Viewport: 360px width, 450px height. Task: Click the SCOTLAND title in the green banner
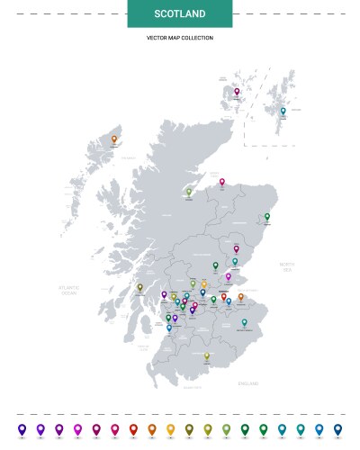[x=179, y=14]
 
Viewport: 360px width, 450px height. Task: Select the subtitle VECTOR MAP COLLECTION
[x=180, y=38]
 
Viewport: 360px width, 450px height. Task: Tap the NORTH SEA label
[x=286, y=267]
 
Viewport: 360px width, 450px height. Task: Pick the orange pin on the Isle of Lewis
[x=114, y=139]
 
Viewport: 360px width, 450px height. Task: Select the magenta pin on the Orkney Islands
[x=238, y=92]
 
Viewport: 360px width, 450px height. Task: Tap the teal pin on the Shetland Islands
[x=283, y=112]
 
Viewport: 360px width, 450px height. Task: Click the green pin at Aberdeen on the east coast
[x=267, y=216]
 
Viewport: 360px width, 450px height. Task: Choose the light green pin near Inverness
[x=189, y=191]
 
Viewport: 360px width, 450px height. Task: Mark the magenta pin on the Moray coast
[x=222, y=181]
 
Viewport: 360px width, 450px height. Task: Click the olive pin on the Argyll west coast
[x=139, y=287]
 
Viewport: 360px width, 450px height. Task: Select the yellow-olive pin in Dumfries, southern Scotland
[x=206, y=355]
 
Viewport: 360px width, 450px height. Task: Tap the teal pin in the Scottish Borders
[x=244, y=321]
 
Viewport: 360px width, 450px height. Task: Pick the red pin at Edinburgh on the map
[x=224, y=296]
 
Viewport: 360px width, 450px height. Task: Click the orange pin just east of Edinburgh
[x=240, y=296]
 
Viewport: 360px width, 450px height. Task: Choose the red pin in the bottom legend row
[x=133, y=428]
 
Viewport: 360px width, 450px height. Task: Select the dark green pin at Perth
[x=216, y=265]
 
